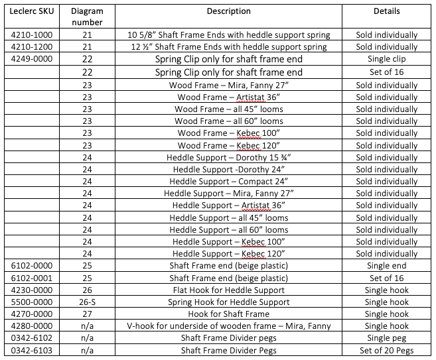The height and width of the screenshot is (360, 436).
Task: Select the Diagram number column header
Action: pos(87,17)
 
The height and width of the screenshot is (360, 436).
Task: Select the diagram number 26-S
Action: pos(87,302)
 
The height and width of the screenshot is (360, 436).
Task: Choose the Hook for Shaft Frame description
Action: pos(228,314)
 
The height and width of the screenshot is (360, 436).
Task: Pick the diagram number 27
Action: pos(87,314)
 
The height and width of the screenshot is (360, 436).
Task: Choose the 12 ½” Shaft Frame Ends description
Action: pos(228,47)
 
